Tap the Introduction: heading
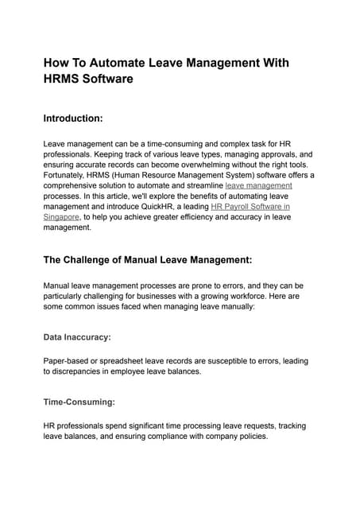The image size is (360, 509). [x=73, y=119]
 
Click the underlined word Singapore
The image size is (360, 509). [x=61, y=216]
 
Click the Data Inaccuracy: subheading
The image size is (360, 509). [x=77, y=337]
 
